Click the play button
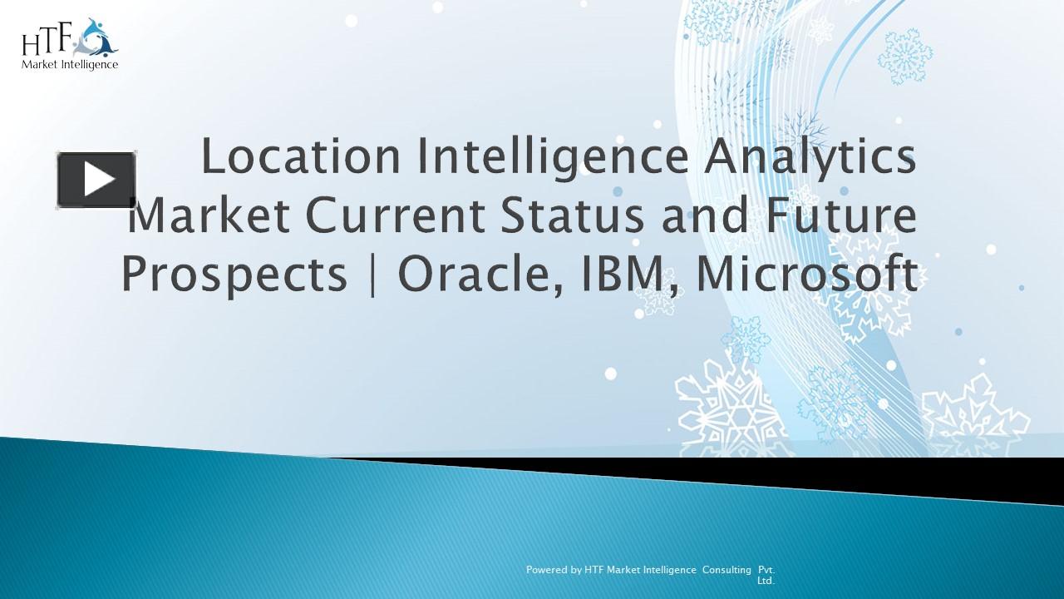[x=96, y=180]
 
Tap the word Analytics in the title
[x=810, y=159]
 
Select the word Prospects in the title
[x=234, y=275]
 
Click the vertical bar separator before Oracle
[x=372, y=275]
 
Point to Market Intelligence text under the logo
[x=70, y=64]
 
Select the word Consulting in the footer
[x=727, y=570]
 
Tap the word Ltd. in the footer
[x=766, y=581]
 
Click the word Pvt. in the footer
[x=766, y=570]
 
